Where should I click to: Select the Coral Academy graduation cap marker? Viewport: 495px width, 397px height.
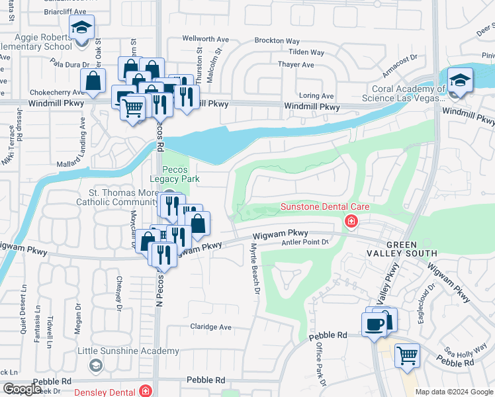(x=458, y=81)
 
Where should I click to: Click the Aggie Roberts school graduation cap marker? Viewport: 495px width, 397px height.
(x=81, y=28)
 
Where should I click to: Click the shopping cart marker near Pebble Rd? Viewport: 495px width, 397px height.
(x=407, y=355)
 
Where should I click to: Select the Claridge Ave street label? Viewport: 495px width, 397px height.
(x=211, y=327)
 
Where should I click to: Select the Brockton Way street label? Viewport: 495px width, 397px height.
(x=277, y=40)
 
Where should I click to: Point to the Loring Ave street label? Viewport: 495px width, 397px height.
(x=316, y=96)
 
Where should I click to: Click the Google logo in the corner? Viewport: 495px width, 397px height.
(x=22, y=389)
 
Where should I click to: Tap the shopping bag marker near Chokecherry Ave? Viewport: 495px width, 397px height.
(x=93, y=82)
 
